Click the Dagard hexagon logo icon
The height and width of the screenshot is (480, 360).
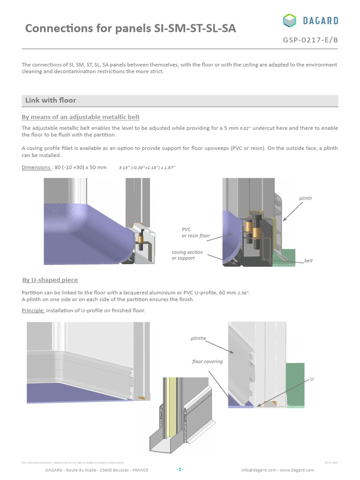click(290, 21)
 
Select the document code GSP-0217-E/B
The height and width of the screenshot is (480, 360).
click(310, 40)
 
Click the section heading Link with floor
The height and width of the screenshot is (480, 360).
click(51, 100)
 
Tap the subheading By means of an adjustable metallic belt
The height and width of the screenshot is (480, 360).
click(81, 117)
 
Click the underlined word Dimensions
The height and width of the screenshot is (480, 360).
click(36, 167)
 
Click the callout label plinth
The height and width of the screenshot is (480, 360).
click(306, 198)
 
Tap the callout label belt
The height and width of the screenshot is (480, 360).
click(308, 260)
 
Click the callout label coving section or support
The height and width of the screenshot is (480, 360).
click(187, 255)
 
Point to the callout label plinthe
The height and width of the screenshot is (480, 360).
click(199, 337)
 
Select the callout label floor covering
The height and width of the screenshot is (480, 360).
click(207, 361)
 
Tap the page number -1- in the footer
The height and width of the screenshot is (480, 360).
click(180, 469)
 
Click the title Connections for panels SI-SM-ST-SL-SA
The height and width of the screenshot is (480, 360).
click(130, 29)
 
